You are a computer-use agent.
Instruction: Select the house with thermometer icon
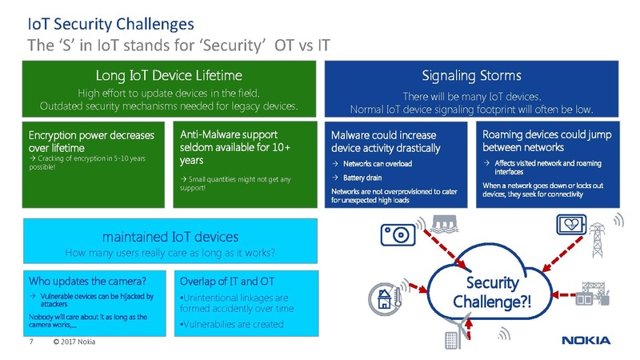tap(387, 298)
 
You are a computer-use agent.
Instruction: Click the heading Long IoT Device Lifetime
tap(169, 76)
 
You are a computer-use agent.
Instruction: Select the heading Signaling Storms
tap(471, 76)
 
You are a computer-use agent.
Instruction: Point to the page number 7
tap(30, 343)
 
